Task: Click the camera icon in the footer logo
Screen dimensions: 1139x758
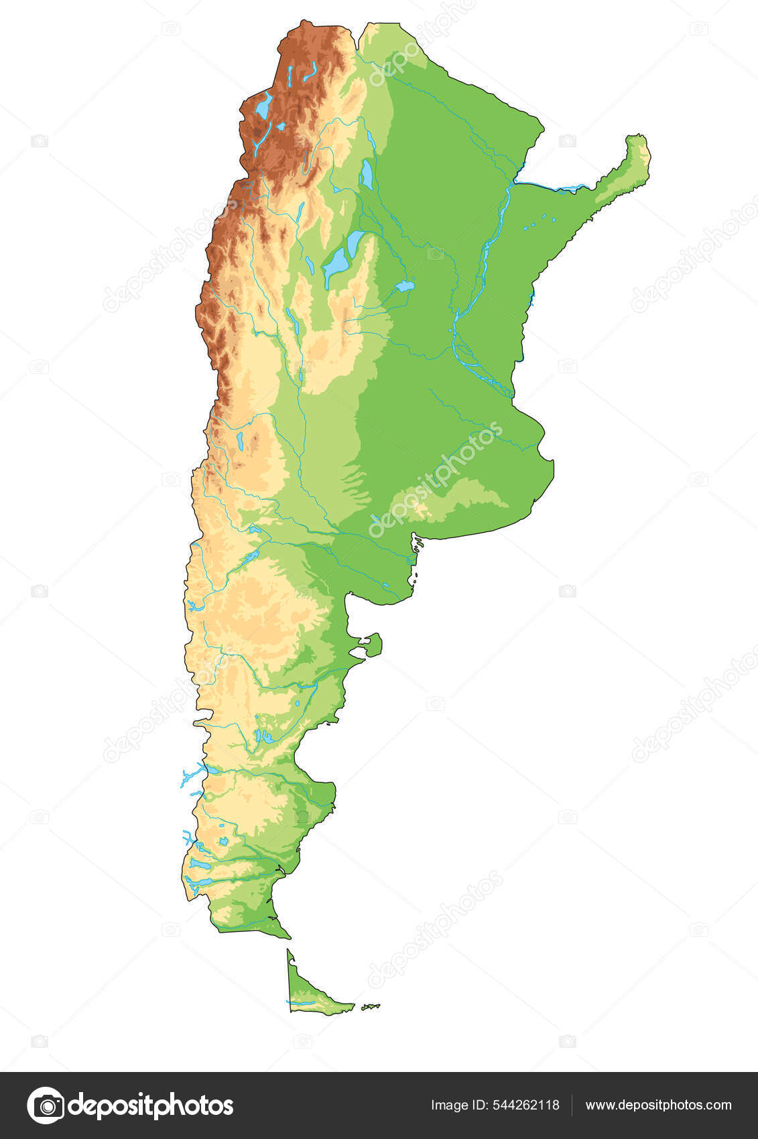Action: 46,1105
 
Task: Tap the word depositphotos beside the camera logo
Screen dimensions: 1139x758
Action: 151,1105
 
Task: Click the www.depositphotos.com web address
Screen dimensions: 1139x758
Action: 658,1105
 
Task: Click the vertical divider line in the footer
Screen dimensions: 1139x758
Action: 572,1105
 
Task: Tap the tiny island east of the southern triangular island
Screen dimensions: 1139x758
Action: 370,1006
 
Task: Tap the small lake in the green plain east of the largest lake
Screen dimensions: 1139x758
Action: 404,287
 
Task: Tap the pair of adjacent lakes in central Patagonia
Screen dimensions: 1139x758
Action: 263,737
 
